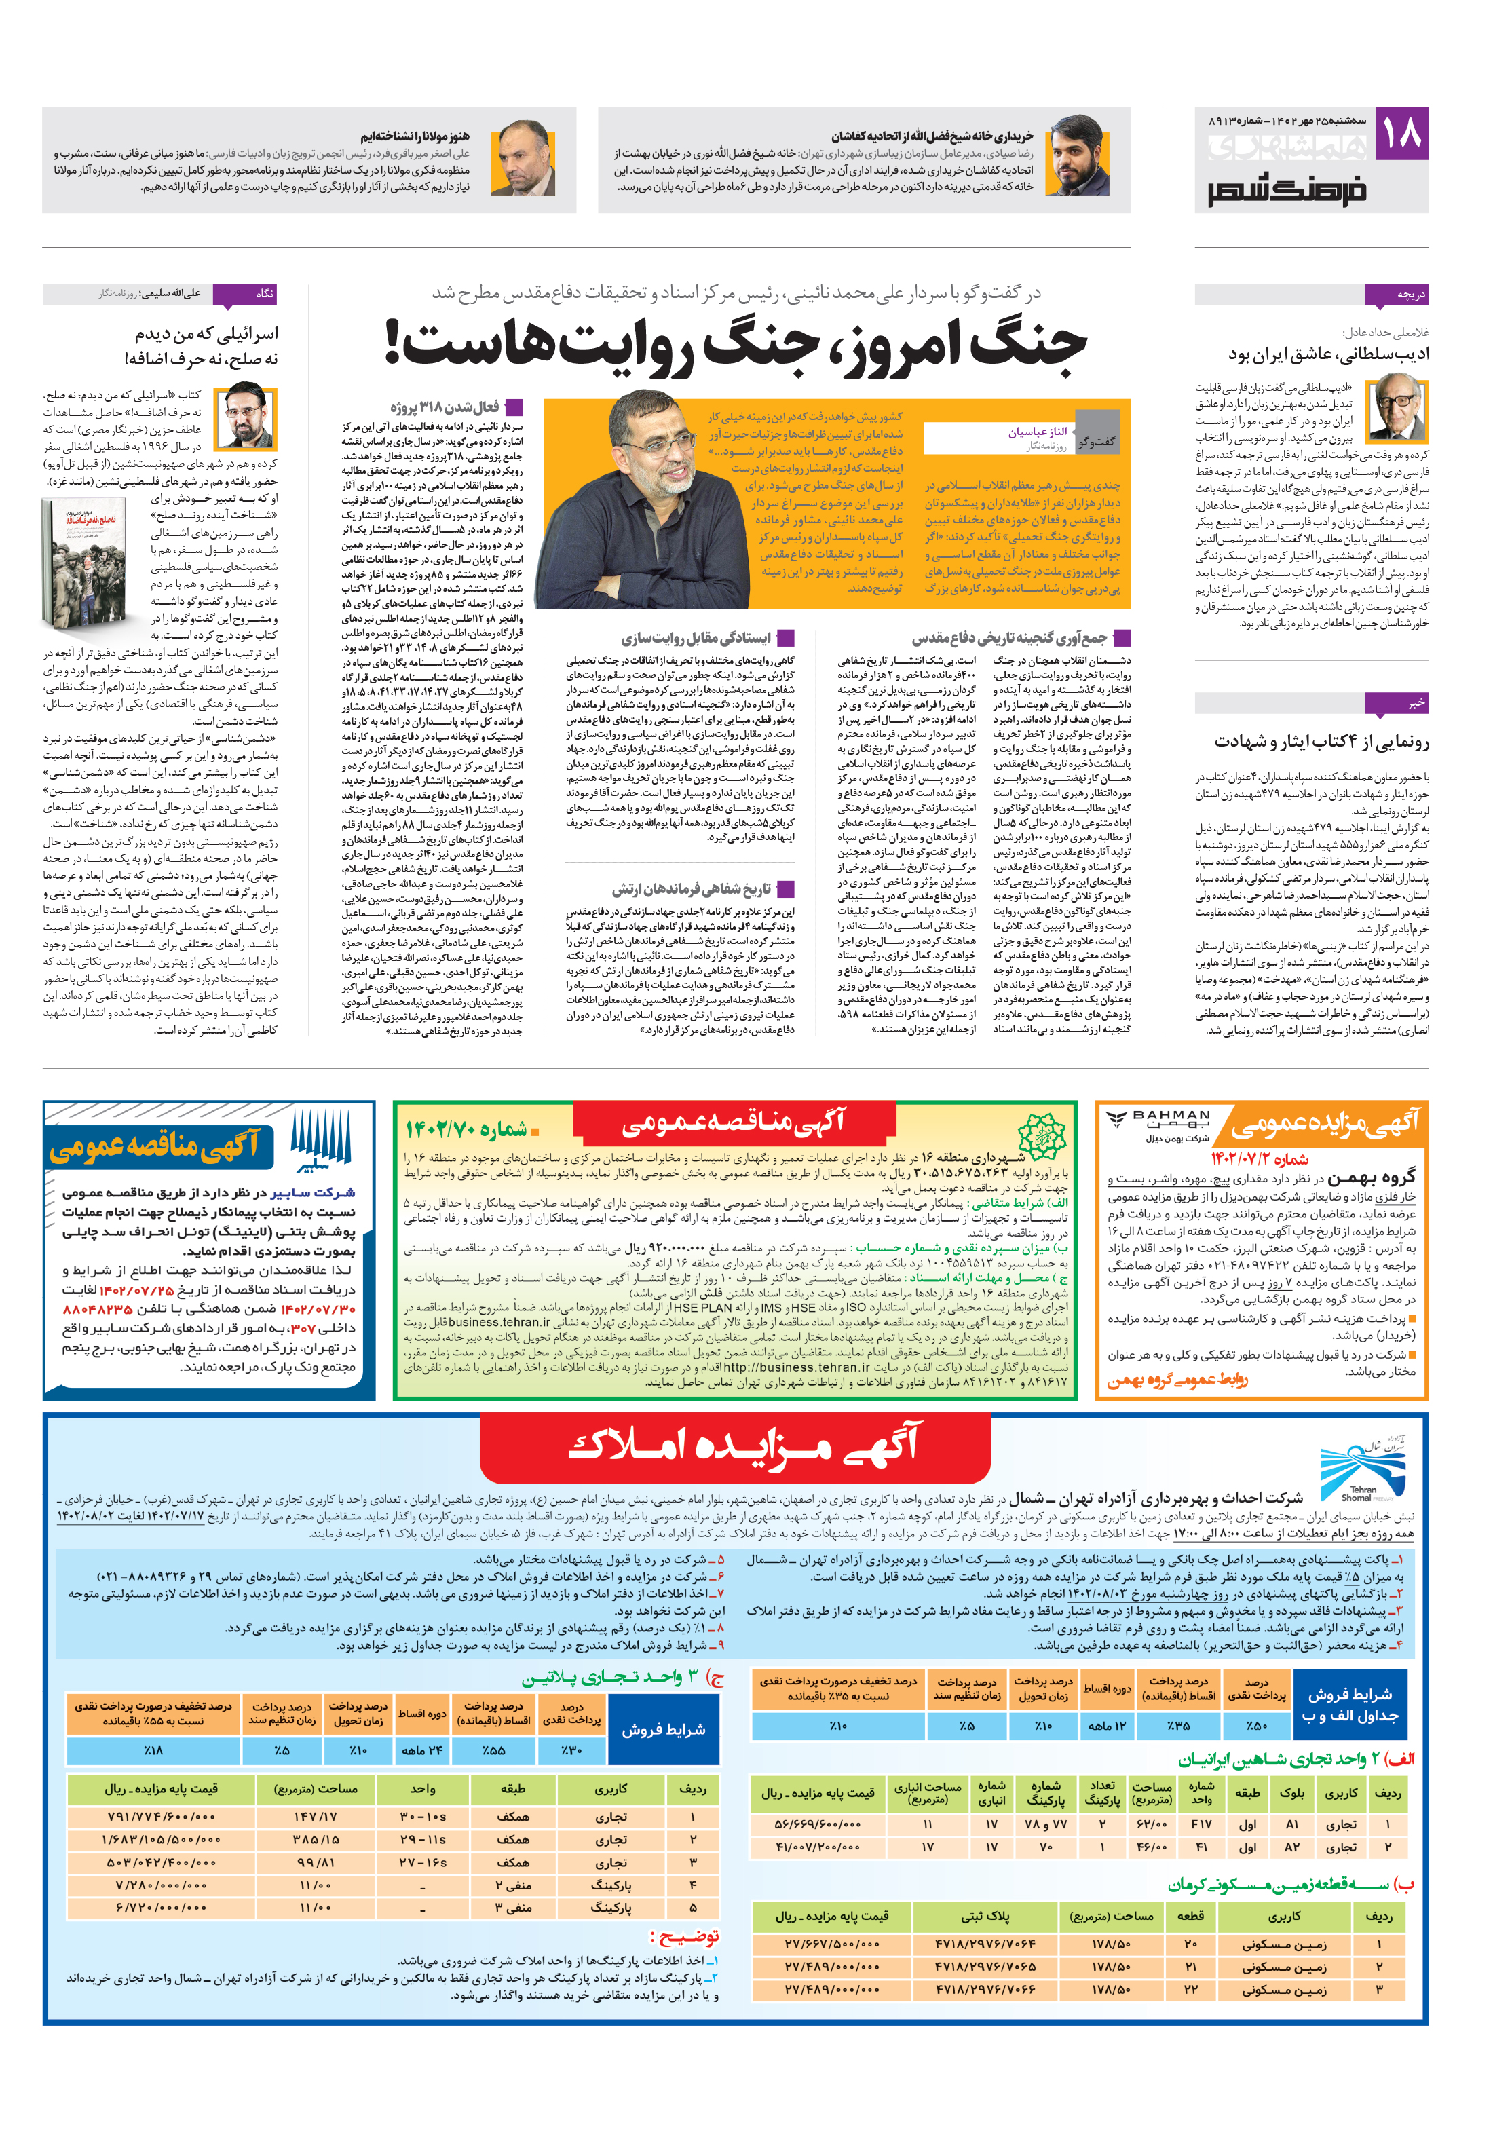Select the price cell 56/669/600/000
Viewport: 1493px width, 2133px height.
click(x=816, y=1824)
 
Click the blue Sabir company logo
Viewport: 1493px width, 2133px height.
click(x=320, y=1141)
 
